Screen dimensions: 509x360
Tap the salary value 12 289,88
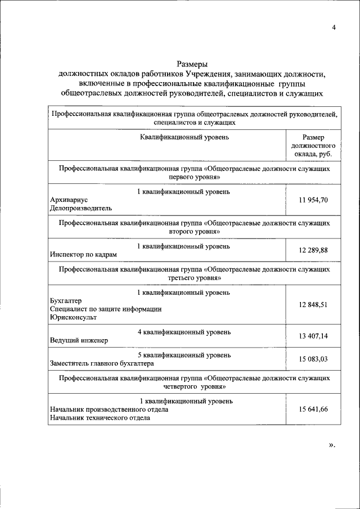[313, 250]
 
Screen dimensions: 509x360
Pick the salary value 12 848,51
[313, 304]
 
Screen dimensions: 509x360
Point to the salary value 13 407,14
[313, 336]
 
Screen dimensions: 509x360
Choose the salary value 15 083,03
[313, 359]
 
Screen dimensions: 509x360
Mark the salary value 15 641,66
[313, 409]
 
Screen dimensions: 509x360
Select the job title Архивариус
[69, 200]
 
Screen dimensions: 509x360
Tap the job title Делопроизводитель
[80, 208]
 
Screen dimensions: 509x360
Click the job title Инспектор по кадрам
[84, 254]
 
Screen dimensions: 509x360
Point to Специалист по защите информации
[106, 309]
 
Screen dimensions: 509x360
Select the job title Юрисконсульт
[73, 317]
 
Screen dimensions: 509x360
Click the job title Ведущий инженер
[79, 340]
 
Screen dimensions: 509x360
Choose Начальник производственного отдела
[109, 409]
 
